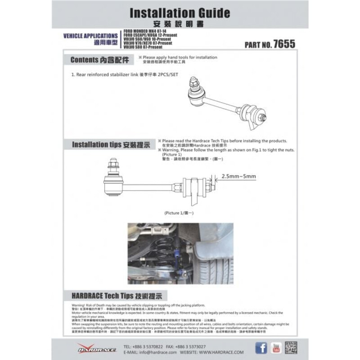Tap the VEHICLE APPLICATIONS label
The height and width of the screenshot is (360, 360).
[x=90, y=36]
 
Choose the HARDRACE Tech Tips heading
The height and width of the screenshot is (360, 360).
[x=119, y=296]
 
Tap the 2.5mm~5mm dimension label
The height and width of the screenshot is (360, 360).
[x=238, y=177]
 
